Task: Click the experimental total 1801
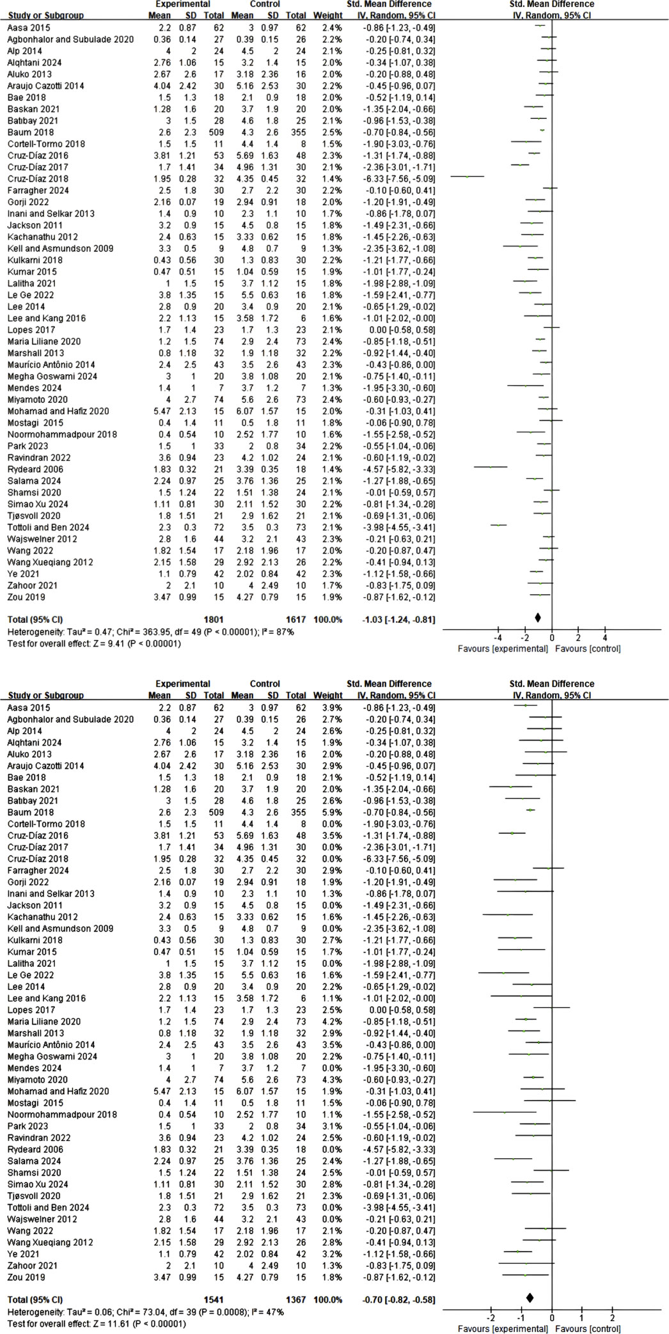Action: (213, 620)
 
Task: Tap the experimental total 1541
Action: (213, 1299)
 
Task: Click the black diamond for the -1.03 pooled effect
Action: (538, 618)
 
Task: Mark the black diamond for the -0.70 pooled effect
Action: (530, 1298)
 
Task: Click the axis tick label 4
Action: (605, 638)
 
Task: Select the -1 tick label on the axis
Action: (521, 1318)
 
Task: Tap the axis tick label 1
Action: (582, 1318)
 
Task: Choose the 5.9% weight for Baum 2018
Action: (333, 812)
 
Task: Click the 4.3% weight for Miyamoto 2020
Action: (333, 1079)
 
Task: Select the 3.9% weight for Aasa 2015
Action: (333, 708)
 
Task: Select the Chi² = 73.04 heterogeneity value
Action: (120, 1312)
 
